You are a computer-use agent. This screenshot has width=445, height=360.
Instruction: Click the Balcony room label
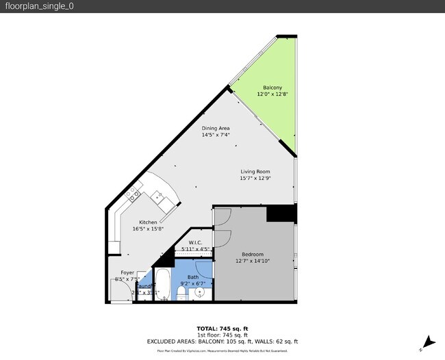[x=272, y=88]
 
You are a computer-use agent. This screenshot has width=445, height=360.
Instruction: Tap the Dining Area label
[x=215, y=128]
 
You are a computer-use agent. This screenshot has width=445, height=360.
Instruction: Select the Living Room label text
[x=255, y=172]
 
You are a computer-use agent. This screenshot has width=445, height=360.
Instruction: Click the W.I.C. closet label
[x=194, y=243]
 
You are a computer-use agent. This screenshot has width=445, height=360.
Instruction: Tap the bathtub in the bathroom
[x=162, y=284]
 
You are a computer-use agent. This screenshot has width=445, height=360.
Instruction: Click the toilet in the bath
[x=181, y=293]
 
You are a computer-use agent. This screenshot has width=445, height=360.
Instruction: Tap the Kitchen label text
[x=148, y=222]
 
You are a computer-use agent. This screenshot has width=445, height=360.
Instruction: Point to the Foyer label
[x=127, y=272]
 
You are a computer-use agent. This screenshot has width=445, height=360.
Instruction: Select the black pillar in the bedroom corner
[x=281, y=214]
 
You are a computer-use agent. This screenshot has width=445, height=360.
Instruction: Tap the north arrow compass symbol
[x=428, y=342]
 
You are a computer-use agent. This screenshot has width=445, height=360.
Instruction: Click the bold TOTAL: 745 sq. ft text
[x=222, y=328]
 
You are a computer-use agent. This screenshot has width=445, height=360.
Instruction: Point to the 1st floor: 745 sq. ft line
[x=222, y=335]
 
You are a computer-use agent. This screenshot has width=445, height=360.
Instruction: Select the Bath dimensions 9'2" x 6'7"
[x=192, y=283]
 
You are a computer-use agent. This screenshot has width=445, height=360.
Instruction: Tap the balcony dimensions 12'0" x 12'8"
[x=272, y=94]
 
